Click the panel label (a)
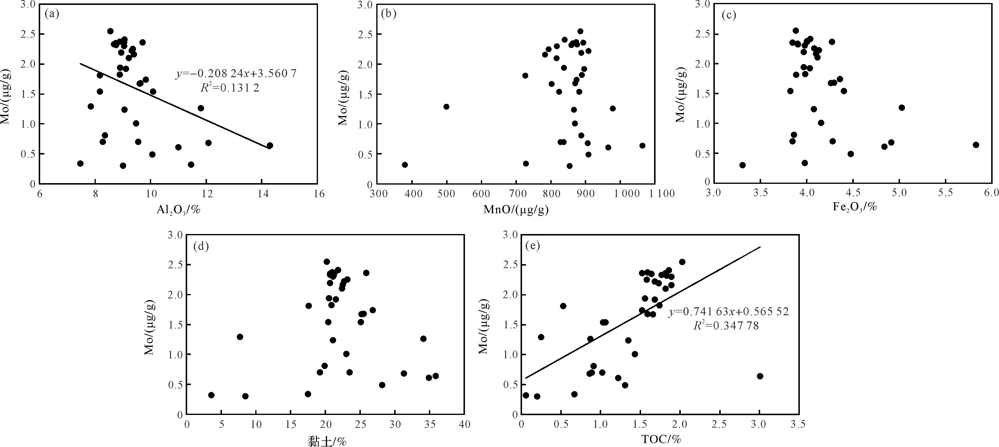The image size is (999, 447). [52, 15]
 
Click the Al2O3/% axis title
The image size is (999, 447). [178, 210]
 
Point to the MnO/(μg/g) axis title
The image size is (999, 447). [516, 210]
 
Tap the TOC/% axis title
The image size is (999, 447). [661, 439]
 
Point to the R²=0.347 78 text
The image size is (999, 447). [726, 326]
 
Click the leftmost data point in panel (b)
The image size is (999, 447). [404, 165]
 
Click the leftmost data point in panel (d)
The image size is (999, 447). [211, 395]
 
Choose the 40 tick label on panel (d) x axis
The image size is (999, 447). [464, 424]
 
